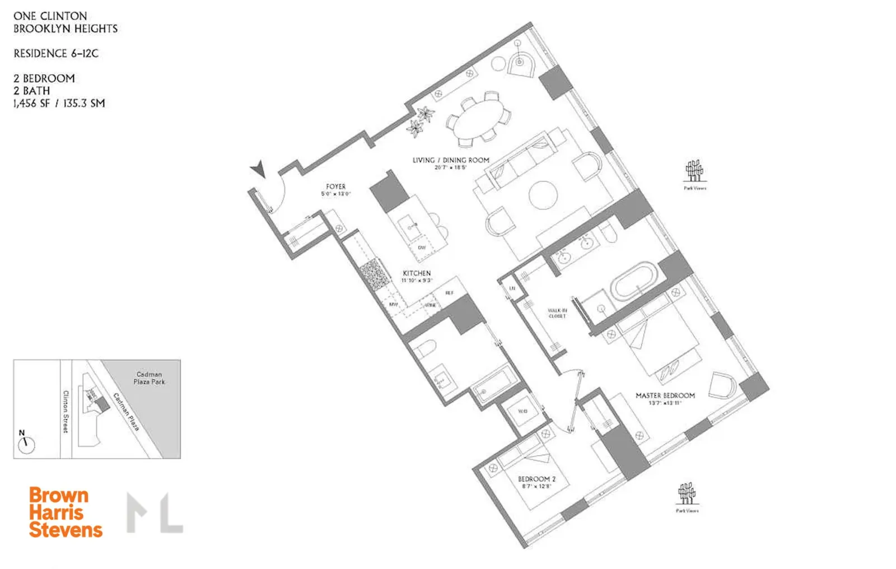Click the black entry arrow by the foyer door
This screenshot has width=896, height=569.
pos(258,168)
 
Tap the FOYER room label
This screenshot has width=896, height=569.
pos(336,187)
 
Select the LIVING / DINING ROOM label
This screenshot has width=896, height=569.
pos(451,160)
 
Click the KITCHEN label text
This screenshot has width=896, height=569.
pos(417,273)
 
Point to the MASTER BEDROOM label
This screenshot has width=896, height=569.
pos(665,395)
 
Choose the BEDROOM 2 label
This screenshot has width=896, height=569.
pos(536,479)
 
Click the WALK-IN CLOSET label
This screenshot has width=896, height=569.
pos(557,313)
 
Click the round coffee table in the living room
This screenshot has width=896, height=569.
pos(543,195)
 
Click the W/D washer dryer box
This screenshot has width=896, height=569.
pos(522,412)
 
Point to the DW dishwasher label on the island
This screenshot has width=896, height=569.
pos(422,248)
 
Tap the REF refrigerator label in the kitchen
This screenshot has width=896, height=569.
pos(449,293)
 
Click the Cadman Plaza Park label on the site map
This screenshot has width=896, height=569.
pos(149,378)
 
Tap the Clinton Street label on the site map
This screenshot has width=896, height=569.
pos(66,412)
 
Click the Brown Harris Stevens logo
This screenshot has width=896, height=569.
pos(66,512)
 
